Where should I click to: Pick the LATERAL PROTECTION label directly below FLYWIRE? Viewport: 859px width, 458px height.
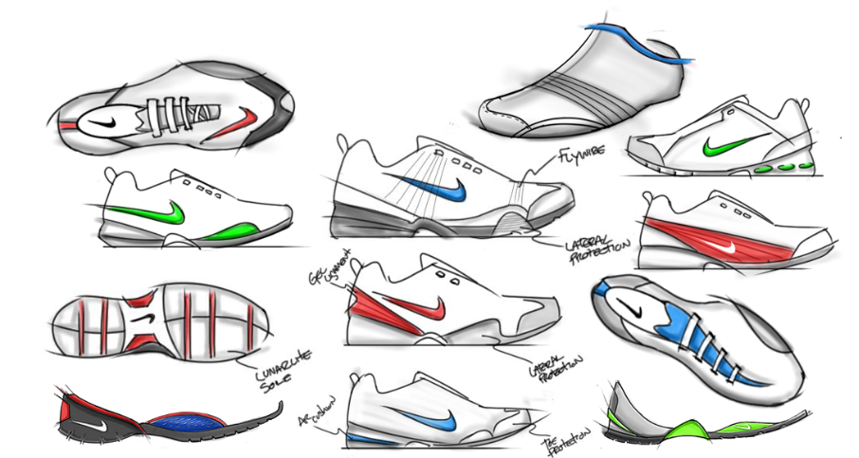tap(596, 244)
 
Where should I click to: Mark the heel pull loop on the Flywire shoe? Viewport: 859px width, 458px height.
tap(344, 143)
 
